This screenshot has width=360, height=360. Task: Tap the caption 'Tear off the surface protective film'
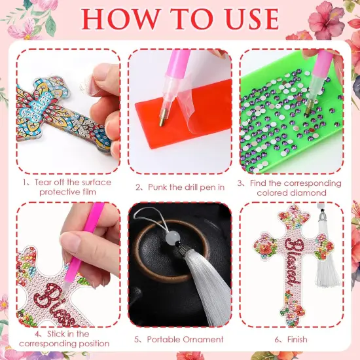pos(68,186)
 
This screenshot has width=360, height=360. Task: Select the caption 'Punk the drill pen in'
pos(181,187)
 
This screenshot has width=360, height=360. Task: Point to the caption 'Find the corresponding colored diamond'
pos(292,187)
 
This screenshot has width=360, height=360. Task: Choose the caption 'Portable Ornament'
pos(179,340)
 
